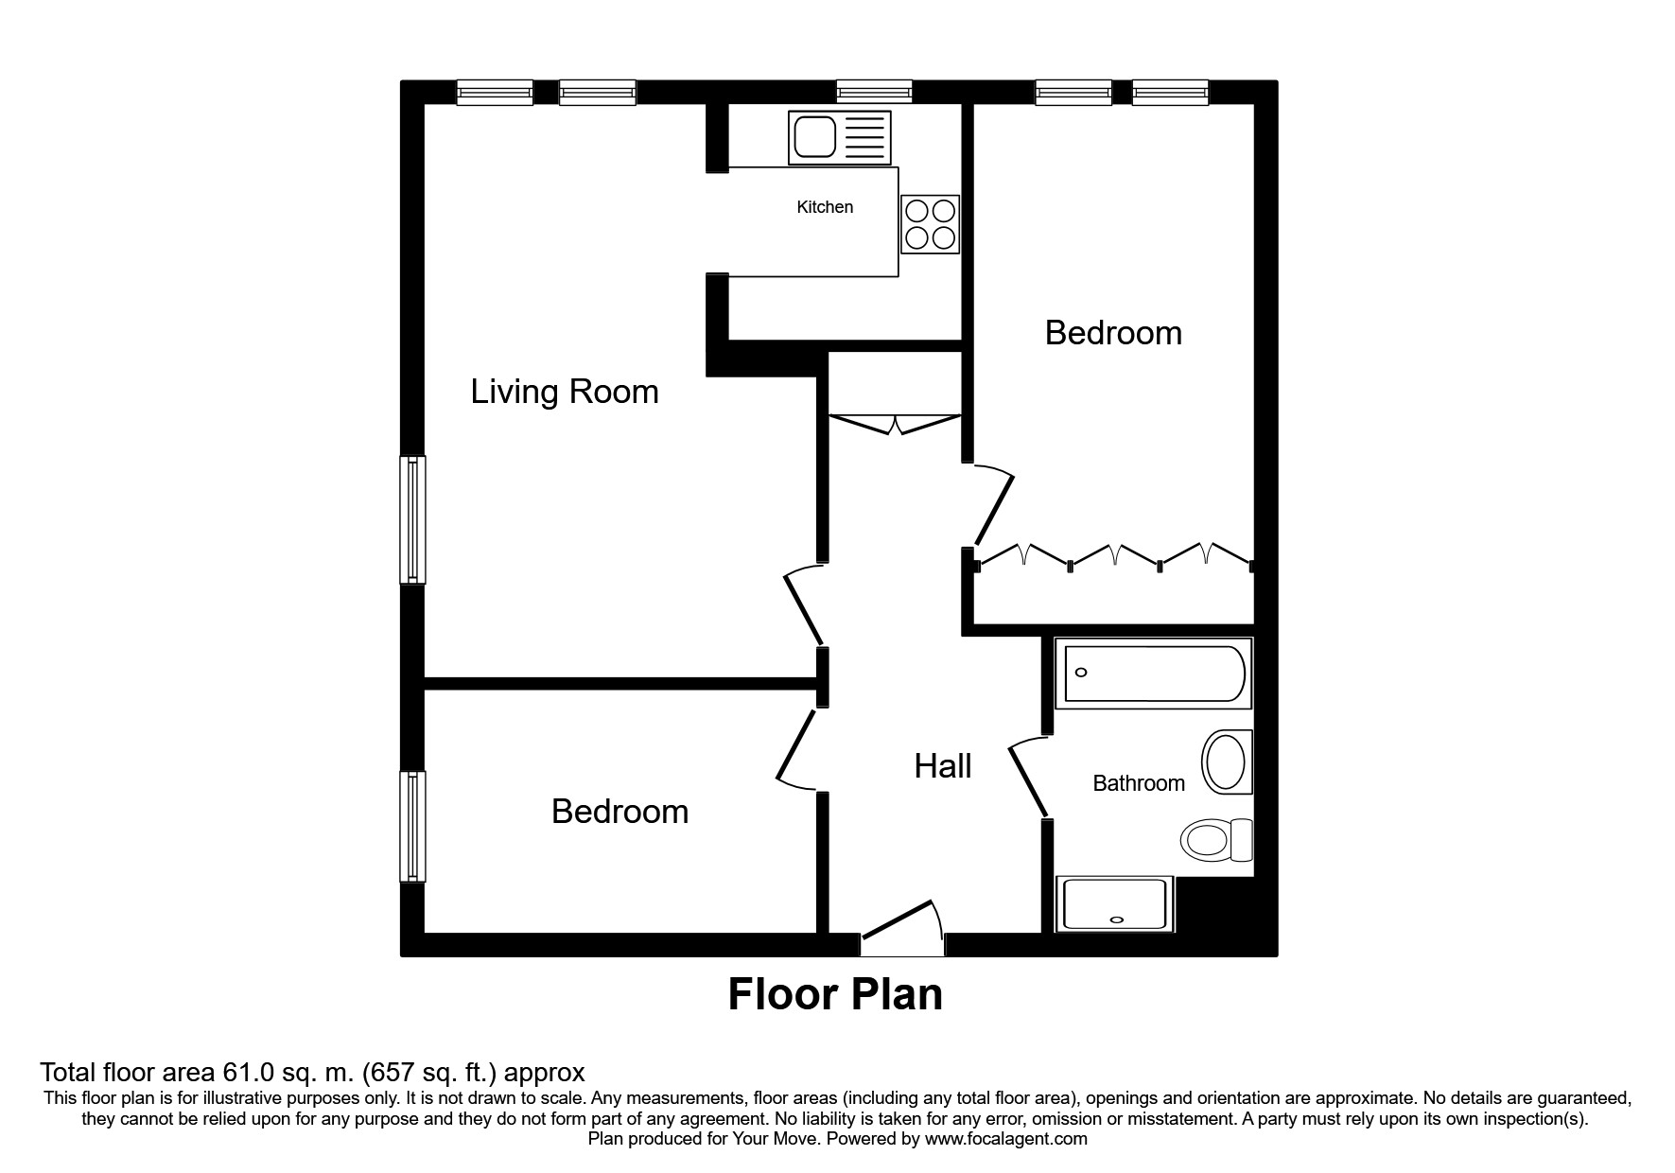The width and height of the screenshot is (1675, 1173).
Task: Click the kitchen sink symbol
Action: (839, 138)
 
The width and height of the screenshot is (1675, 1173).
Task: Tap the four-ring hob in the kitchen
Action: (930, 224)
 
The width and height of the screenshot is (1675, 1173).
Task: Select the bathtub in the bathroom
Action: (1153, 673)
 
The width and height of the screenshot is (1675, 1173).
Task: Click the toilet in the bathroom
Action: (1215, 839)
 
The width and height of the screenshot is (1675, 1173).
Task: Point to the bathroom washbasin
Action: (1226, 762)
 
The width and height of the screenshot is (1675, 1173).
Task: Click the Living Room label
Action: (565, 392)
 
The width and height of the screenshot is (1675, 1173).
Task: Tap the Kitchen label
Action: (825, 207)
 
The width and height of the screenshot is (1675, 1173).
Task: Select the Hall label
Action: (942, 766)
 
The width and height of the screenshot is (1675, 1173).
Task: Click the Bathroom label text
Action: (1138, 783)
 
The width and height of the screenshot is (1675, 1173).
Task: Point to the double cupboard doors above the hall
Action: (896, 423)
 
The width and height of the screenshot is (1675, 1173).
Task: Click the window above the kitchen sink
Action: (874, 92)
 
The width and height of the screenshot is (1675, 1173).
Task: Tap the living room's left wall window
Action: (412, 519)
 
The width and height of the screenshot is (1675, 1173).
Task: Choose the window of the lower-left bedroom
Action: (412, 826)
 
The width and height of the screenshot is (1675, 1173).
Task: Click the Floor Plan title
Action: (835, 995)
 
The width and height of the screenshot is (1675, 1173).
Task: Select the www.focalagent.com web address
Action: (1006, 1139)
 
